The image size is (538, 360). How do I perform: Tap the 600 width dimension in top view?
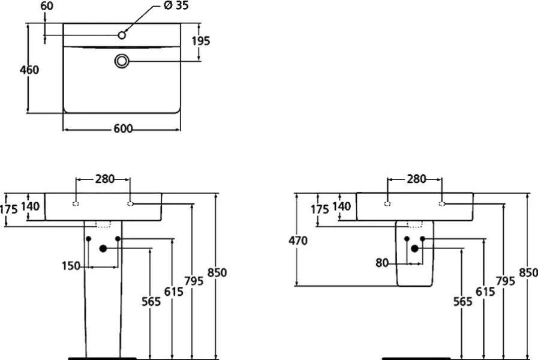[x=122, y=129]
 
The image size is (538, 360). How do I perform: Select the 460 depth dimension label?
[x=29, y=70]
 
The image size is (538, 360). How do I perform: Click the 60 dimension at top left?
[x=47, y=6]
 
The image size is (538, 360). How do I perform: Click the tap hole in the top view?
[x=122, y=35]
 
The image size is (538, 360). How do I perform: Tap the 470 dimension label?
[x=297, y=241]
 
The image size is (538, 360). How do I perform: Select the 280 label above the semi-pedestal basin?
[x=416, y=179]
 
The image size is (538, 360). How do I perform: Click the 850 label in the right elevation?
[x=528, y=272]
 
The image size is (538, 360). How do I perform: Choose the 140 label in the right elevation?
[x=341, y=206]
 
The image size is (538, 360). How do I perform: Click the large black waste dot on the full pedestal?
[x=103, y=248]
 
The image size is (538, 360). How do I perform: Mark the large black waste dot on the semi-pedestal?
[x=414, y=248]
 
